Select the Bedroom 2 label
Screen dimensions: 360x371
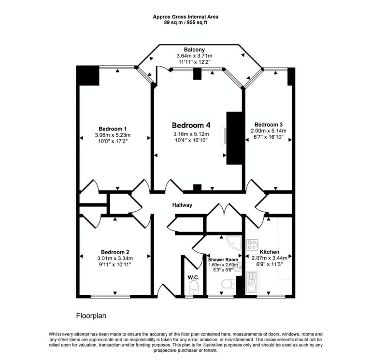tap(115, 252)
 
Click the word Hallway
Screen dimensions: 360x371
tap(182, 205)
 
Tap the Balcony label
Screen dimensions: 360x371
tap(194, 50)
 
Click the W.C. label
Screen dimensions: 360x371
tap(193, 277)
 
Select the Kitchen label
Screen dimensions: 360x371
tap(269, 252)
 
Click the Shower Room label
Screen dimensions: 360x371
tap(223, 259)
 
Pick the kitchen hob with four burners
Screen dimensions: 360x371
tap(252, 245)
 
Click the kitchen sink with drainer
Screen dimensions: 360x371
tap(252, 282)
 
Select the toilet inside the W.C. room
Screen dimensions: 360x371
tap(194, 288)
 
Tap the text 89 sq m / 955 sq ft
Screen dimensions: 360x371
tap(185, 22)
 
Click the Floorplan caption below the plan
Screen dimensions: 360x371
tap(91, 316)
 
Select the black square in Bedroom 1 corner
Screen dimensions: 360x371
tap(88, 76)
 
